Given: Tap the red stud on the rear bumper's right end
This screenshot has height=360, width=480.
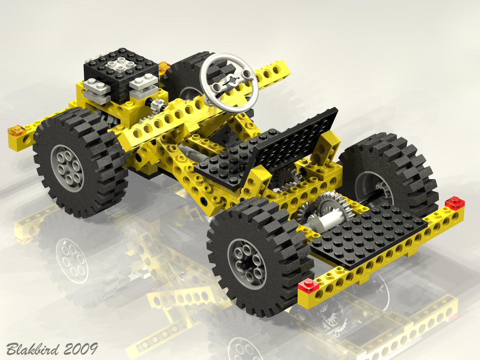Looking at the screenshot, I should tap(454, 202).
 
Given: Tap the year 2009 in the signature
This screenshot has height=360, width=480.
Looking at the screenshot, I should tap(81, 349).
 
